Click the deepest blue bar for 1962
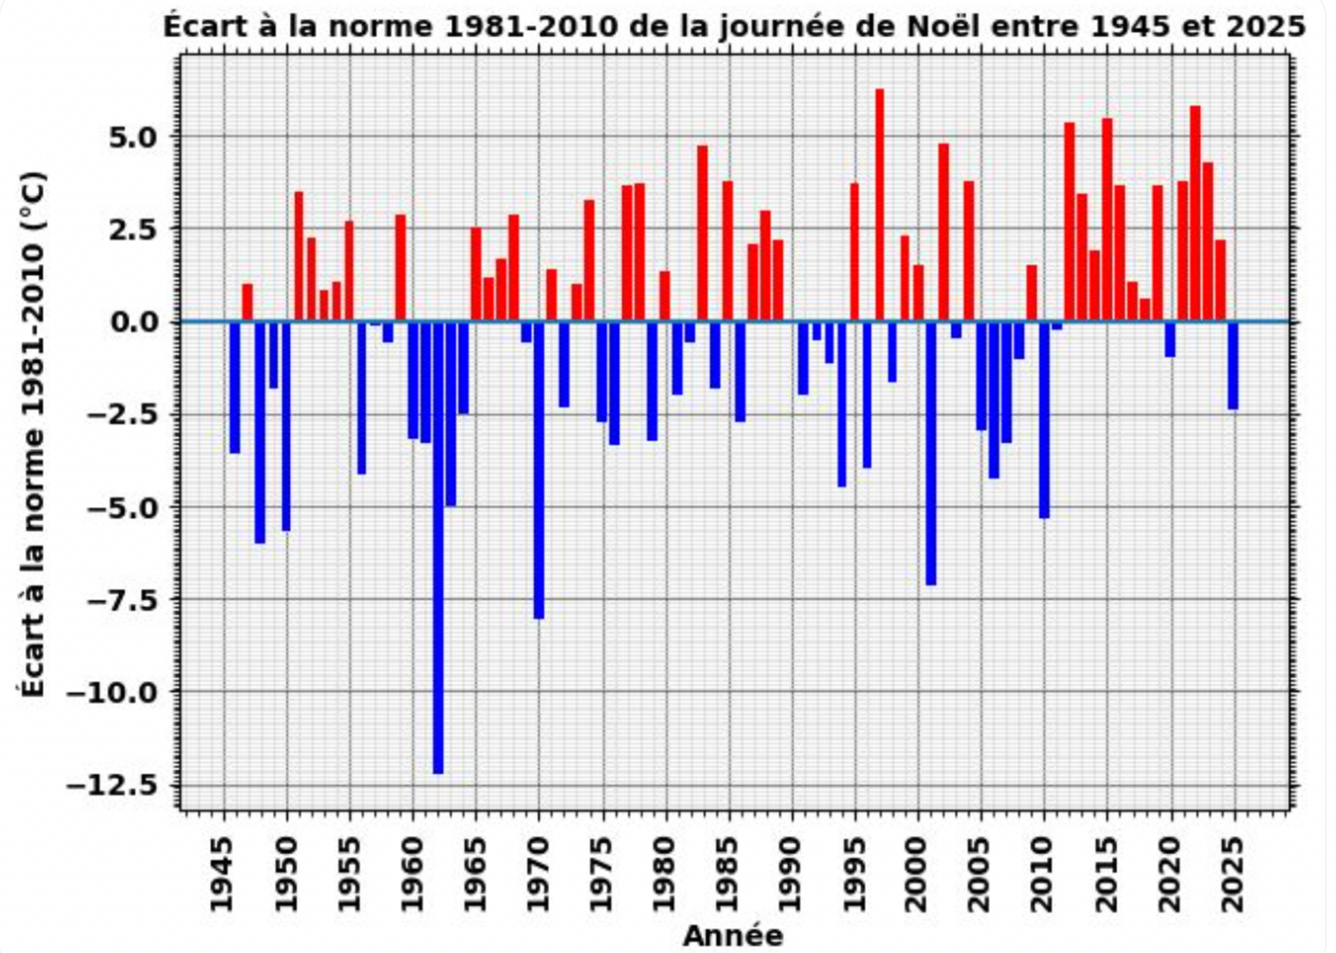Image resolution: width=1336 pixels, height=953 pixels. pos(438,546)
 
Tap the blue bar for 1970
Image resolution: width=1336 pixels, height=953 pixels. pos(539,470)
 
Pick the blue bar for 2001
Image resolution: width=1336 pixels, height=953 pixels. pos(931,453)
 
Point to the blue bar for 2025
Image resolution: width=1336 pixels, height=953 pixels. pos(1233,365)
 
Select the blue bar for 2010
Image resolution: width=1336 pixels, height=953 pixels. pos(1045,419)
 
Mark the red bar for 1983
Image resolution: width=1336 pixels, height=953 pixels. pos(703,234)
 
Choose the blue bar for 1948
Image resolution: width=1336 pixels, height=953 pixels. pos(260,432)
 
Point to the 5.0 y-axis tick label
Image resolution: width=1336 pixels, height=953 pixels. pos(133,138)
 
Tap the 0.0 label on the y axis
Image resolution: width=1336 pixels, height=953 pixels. pos(133,322)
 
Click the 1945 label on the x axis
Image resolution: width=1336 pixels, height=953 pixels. pos(222,874)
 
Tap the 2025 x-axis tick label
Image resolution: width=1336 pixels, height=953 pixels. pos(1233,874)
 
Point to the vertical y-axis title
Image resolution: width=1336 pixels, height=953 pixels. pos(33,433)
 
